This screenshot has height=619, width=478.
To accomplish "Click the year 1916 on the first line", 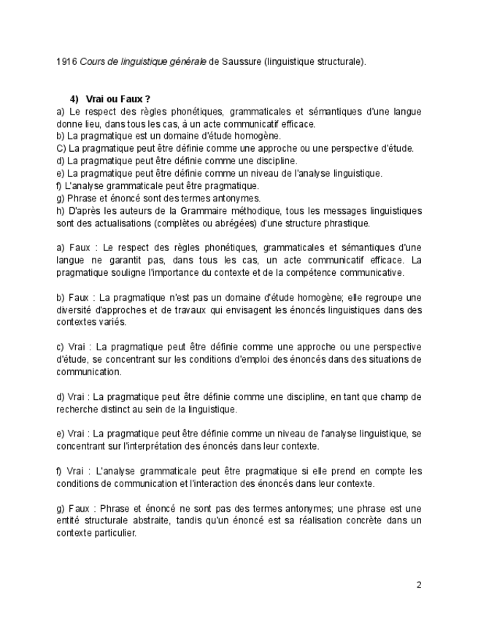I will tap(66, 63).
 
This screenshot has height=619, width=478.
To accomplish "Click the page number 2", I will tap(419, 585).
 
